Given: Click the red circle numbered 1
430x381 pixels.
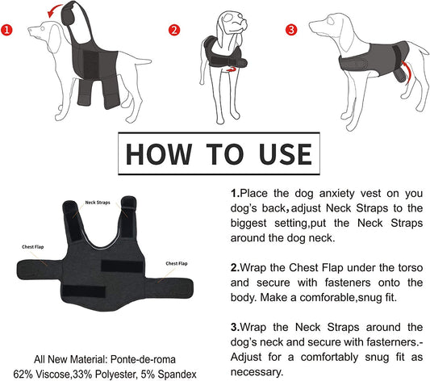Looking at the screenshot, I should point(8,32).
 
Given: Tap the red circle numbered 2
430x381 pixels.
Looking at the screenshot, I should point(173,31).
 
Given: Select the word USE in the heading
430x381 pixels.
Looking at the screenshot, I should point(274,153).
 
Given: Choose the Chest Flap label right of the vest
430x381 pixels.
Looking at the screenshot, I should point(177,263).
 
